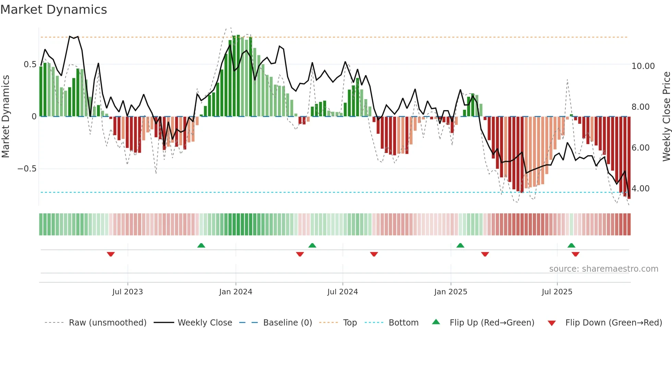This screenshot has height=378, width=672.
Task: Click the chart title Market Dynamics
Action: pyautogui.click(x=54, y=10)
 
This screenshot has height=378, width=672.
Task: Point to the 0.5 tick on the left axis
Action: pyautogui.click(x=30, y=64)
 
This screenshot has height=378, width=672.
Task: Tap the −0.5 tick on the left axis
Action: pyautogui.click(x=27, y=169)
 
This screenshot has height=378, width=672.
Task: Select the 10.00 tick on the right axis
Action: pyautogui.click(x=643, y=66)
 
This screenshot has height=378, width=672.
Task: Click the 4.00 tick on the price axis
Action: pyautogui.click(x=640, y=189)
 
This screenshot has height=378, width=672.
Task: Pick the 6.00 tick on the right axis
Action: pyautogui.click(x=640, y=148)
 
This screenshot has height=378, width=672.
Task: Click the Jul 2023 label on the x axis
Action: pyautogui.click(x=128, y=292)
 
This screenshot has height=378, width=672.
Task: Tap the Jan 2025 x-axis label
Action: pyautogui.click(x=451, y=292)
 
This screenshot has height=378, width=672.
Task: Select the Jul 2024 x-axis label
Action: pyautogui.click(x=343, y=292)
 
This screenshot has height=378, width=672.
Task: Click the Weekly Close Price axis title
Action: pyautogui.click(x=666, y=116)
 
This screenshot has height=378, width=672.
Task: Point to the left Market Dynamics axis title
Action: pyautogui.click(x=5, y=116)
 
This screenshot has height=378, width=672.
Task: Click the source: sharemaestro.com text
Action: pyautogui.click(x=603, y=269)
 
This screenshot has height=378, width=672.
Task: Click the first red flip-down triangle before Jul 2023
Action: pyautogui.click(x=111, y=254)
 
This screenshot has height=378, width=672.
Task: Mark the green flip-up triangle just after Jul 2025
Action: pyautogui.click(x=571, y=245)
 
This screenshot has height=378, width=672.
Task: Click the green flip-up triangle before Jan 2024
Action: pyautogui.click(x=201, y=245)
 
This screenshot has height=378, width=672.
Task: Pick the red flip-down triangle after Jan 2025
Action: pyautogui.click(x=485, y=254)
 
